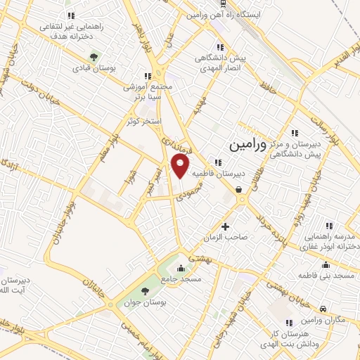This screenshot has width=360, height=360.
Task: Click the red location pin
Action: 181,166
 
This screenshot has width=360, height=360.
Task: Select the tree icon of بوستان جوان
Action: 146,291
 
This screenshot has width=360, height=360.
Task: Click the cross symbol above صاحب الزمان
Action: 225,226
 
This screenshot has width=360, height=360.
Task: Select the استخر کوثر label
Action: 144,121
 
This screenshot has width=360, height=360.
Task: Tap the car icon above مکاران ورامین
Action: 322,309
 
